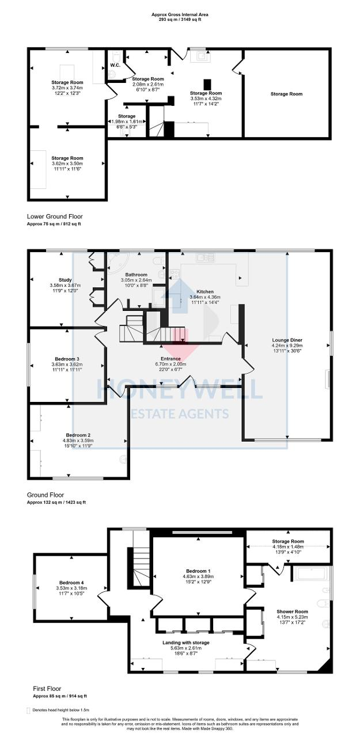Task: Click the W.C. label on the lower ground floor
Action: click(115, 65)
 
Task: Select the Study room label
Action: click(65, 280)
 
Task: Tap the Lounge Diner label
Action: click(286, 340)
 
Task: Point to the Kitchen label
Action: click(205, 291)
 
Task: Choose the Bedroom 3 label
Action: click(65, 359)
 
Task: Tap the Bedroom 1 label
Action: click(198, 570)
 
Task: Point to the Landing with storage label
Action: click(182, 642)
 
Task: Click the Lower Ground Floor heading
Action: click(54, 216)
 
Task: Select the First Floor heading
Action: click(44, 689)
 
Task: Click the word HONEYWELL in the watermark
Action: click(179, 390)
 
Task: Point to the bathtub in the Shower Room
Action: click(312, 574)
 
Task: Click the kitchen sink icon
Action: click(203, 258)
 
